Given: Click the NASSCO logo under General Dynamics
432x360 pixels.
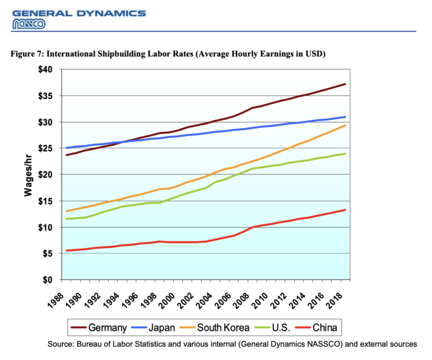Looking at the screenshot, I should (x=29, y=24).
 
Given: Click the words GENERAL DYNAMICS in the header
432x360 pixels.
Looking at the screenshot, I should (x=79, y=13).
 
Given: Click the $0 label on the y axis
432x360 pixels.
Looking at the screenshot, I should (x=48, y=280).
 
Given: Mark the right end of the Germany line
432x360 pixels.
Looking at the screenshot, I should (x=345, y=84).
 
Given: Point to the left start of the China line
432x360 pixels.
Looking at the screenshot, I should (x=66, y=250).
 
